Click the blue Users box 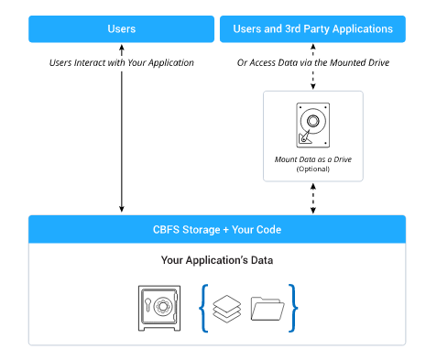coord(121,28)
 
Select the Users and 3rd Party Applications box coord(313,28)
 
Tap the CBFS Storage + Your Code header coord(217,229)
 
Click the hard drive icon coord(313,124)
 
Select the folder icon coord(267,310)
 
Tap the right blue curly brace coord(293,309)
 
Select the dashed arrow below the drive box coord(313,197)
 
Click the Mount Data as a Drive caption coord(313,158)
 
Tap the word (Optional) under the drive coord(313,169)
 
